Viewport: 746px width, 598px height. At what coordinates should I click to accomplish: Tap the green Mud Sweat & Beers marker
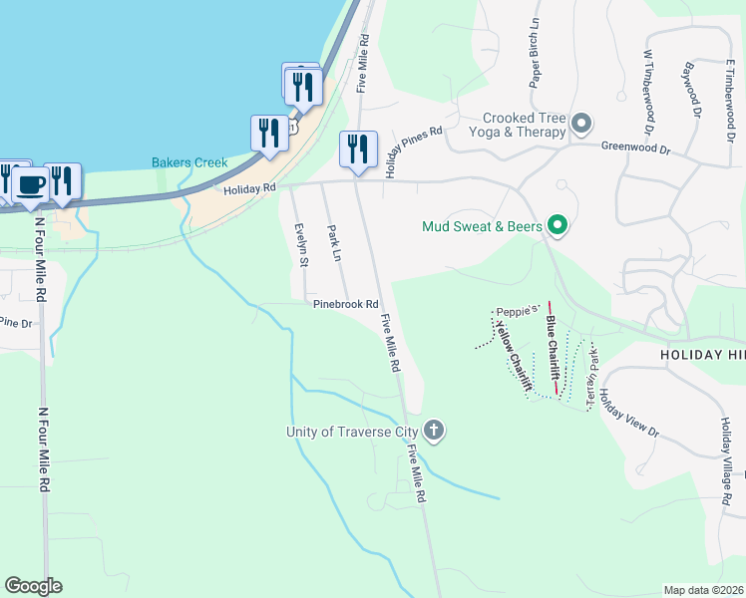558,226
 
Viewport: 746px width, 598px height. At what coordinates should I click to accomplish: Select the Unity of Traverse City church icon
433,431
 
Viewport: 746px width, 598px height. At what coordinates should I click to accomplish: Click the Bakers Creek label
189,162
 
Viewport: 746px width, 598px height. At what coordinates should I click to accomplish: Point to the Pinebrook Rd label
345,304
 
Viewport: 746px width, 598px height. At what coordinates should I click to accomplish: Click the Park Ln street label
335,244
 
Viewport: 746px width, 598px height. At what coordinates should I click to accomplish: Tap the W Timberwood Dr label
648,93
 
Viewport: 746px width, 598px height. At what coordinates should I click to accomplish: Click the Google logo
33,586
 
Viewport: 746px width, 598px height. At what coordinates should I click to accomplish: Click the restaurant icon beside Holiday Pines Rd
358,149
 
